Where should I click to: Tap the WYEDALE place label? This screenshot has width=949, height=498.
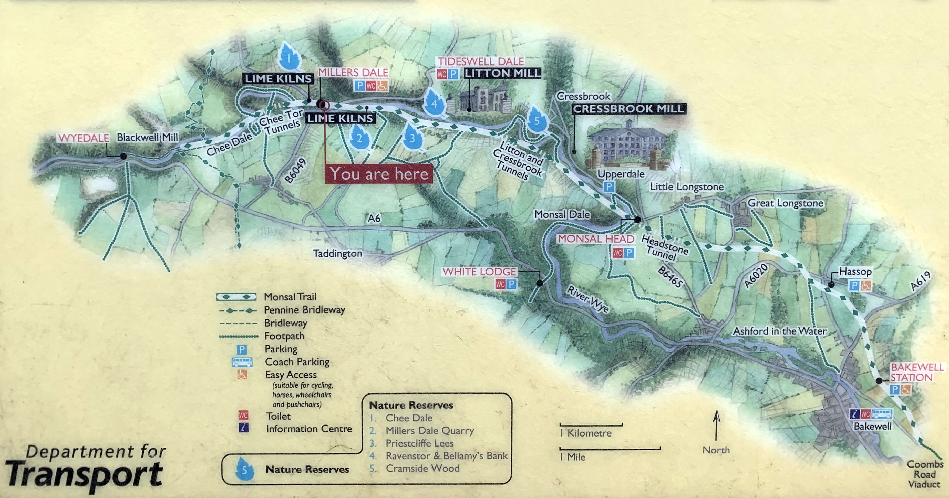tap(84, 138)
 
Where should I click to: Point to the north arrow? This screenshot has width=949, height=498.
tap(716, 426)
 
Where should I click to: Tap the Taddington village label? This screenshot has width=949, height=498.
tap(337, 253)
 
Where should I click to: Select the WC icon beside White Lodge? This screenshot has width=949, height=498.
tap(500, 284)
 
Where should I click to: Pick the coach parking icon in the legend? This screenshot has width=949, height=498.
tap(242, 362)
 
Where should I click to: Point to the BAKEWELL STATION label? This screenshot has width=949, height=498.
tap(916, 372)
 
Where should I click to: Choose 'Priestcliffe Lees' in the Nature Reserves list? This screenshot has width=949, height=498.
tap(419, 443)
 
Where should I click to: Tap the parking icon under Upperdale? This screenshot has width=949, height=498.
tap(609, 187)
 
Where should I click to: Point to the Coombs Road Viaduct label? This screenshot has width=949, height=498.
tap(925, 474)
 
